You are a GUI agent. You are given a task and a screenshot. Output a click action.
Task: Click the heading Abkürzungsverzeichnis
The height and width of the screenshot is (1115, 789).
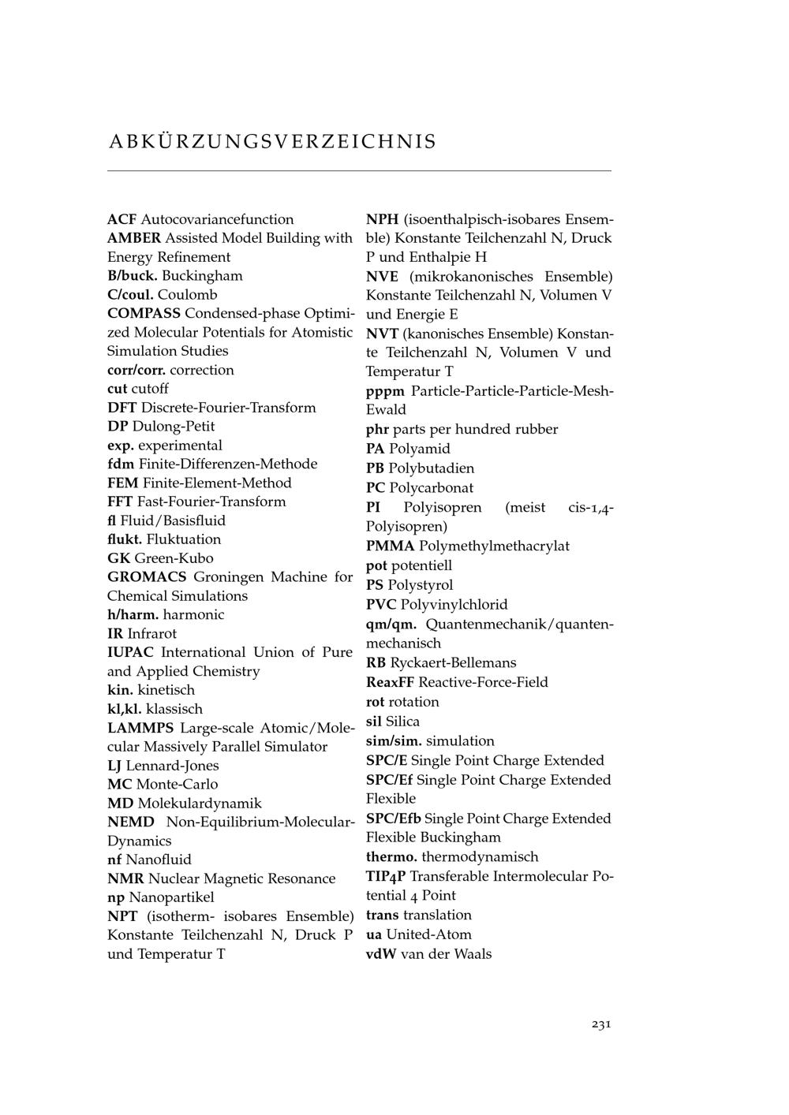[272, 142]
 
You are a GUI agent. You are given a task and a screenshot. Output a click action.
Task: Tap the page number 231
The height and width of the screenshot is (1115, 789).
[601, 1024]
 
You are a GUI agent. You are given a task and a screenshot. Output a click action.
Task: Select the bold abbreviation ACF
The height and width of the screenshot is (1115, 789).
[122, 219]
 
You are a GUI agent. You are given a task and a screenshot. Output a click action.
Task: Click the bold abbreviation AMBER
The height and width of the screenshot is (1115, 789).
[134, 238]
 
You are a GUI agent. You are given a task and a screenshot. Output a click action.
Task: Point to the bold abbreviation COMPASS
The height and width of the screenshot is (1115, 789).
[144, 313]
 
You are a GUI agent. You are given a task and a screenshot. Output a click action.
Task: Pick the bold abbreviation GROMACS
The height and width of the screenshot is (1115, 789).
[147, 577]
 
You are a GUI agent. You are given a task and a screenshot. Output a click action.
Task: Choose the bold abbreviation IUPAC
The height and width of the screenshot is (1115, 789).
[130, 652]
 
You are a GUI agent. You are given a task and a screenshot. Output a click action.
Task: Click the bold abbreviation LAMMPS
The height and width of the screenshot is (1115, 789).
[140, 728]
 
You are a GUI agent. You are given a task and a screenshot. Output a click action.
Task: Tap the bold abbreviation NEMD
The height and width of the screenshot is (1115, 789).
[131, 822]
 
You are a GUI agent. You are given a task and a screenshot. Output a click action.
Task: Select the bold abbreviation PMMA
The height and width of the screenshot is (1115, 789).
[390, 546]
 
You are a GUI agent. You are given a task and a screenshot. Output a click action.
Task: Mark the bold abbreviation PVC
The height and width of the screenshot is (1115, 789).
[381, 605]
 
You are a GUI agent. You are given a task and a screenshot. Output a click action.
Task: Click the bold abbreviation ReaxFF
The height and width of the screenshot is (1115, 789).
[390, 682]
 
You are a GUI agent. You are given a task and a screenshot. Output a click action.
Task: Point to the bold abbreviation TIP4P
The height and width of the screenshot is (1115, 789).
[386, 876]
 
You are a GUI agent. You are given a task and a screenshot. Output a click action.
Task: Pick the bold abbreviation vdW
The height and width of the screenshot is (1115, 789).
[381, 954]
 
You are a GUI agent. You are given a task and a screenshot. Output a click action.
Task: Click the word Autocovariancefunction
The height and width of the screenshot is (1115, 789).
[217, 219]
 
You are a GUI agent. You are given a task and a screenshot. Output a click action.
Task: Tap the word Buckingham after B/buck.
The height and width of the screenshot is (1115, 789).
[202, 276]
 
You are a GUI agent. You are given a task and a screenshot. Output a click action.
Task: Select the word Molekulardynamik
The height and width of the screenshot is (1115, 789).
[200, 804]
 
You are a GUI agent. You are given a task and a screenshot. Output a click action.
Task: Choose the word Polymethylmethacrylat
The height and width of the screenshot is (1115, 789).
[494, 546]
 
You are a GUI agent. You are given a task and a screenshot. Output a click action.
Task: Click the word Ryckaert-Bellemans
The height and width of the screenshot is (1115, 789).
[453, 662]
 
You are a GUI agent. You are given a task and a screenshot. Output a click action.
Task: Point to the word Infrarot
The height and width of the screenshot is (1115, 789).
[151, 633]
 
